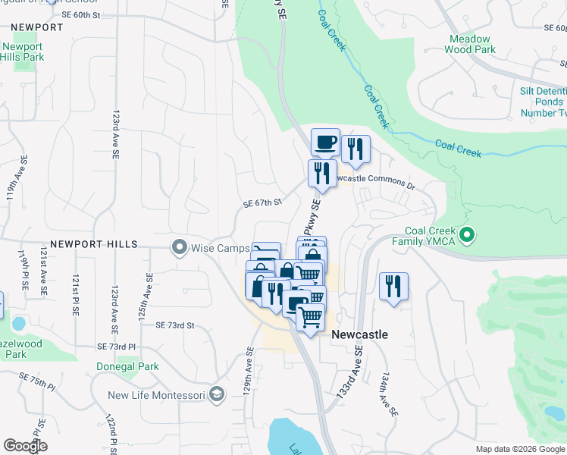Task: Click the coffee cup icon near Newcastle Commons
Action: coord(325,142)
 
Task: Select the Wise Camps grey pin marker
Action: coord(180,246)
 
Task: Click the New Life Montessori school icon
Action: coord(218,394)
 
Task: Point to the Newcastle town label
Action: coord(360,334)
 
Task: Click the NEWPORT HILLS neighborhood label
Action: coord(94,245)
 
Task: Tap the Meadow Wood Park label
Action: coord(471,44)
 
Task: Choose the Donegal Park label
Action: coord(127,366)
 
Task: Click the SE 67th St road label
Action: coord(262,203)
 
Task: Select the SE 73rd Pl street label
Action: coord(116,346)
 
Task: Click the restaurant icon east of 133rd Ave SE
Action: coord(393,287)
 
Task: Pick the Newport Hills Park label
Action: coord(23,51)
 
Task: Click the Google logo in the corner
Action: coord(25,446)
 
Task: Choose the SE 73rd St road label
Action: coord(175,325)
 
